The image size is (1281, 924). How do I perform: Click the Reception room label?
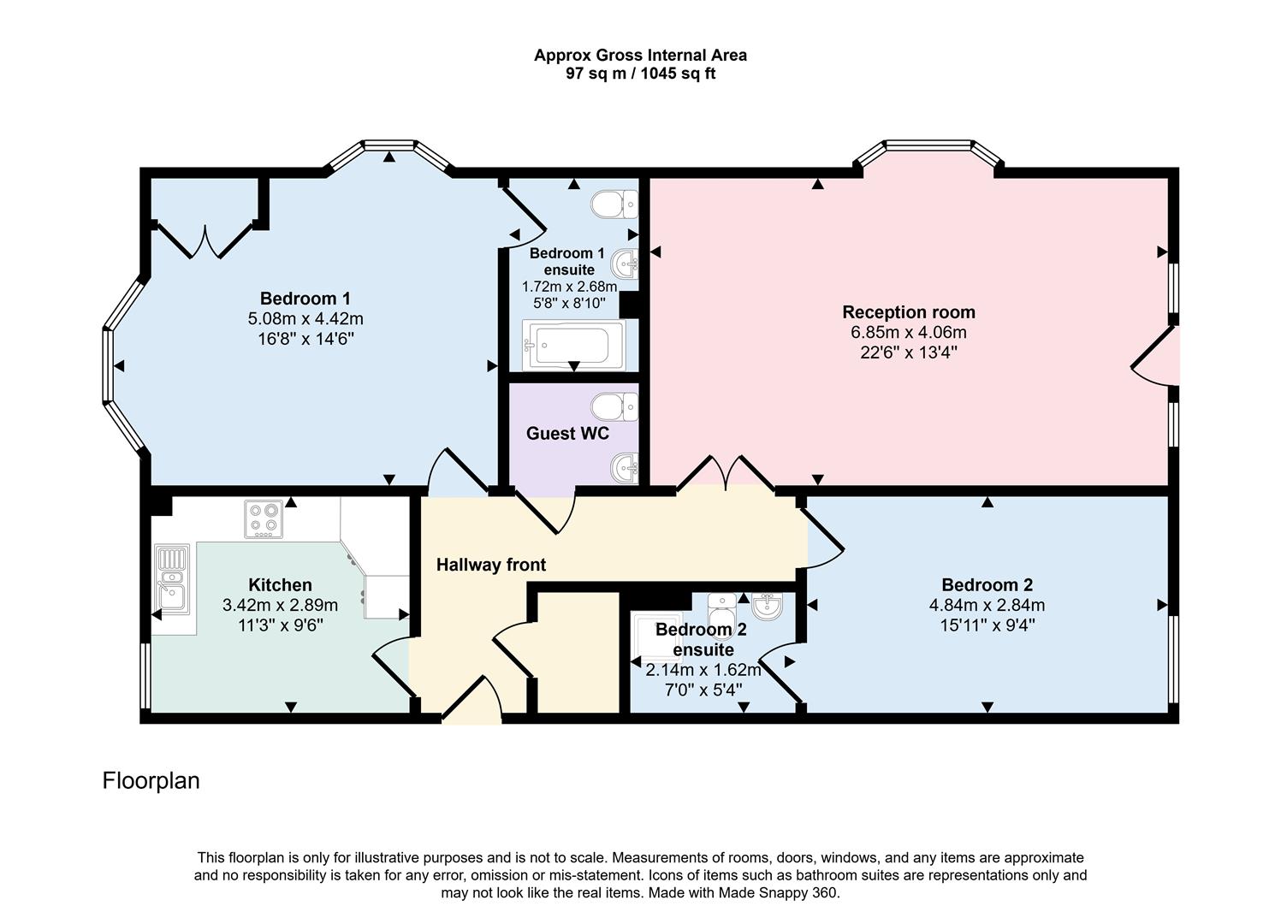click(x=908, y=312)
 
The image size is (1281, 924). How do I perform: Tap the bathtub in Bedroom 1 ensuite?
click(x=573, y=346)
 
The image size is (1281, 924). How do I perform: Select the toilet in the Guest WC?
click(x=614, y=407)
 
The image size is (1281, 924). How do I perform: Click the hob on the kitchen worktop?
click(x=264, y=518)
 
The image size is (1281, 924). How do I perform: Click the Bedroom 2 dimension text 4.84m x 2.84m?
click(x=987, y=605)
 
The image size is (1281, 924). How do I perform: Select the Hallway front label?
click(x=490, y=565)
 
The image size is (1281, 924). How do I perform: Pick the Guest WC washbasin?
click(x=625, y=467)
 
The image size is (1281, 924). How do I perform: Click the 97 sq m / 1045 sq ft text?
click(x=640, y=74)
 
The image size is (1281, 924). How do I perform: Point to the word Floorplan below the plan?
click(x=151, y=780)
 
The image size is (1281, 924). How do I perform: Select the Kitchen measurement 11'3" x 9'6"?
click(x=280, y=625)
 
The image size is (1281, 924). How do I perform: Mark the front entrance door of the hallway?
click(x=471, y=702)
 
